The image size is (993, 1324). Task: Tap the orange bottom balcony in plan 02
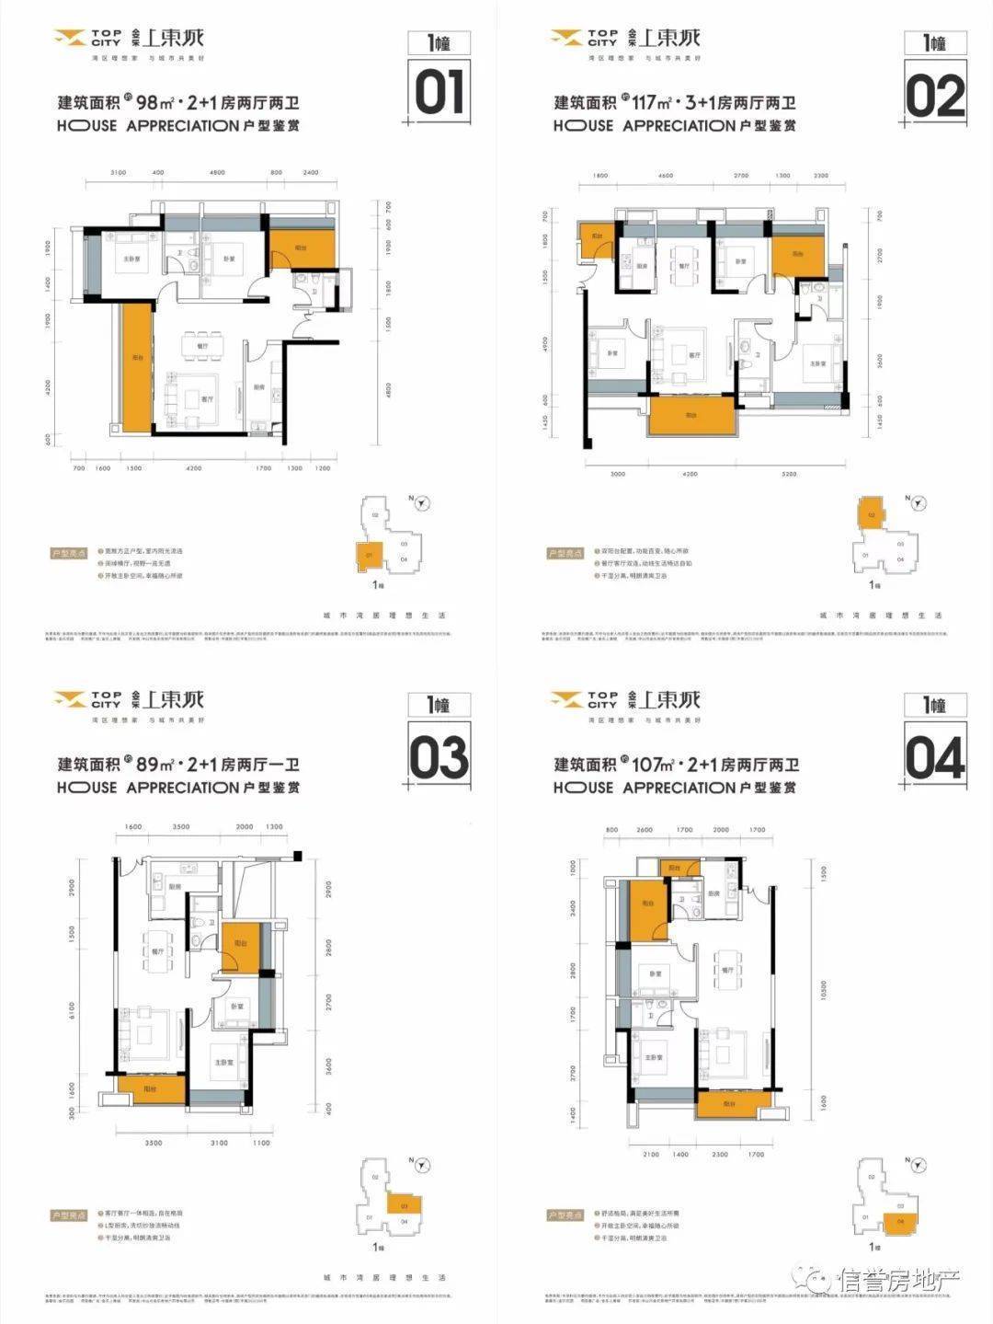pos(691,416)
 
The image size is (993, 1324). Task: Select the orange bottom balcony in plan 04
pos(729,1103)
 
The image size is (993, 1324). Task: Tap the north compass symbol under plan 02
pos(917,502)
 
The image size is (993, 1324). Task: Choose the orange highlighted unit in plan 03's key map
pos(404,1204)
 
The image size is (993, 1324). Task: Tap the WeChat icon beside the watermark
pos(816,1278)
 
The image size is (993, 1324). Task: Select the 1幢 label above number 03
pos(439,705)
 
